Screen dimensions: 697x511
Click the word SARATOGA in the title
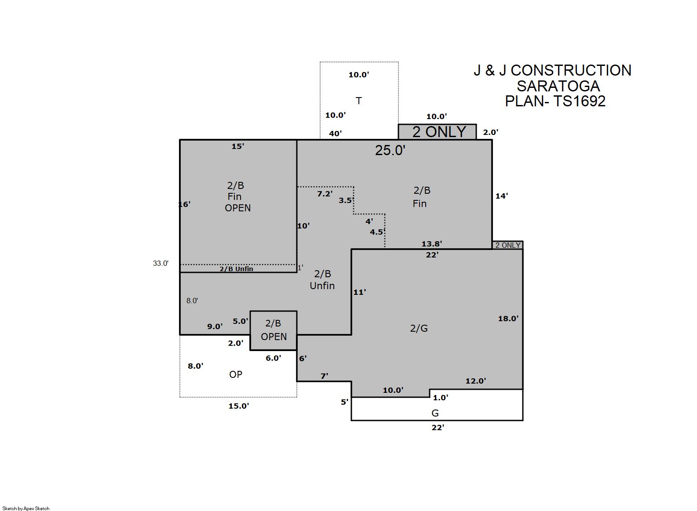click(x=558, y=86)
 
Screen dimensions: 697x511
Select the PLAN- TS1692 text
click(x=555, y=101)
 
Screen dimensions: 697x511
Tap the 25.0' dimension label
click(x=390, y=150)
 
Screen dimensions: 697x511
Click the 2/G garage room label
click(x=419, y=328)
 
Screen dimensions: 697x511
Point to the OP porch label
click(x=236, y=374)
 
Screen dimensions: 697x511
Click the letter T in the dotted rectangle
click(x=358, y=101)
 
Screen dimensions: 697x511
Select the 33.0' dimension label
click(x=161, y=264)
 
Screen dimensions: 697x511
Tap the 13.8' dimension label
click(x=431, y=244)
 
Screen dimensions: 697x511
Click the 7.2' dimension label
click(x=325, y=194)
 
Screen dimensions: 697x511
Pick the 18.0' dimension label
click(x=508, y=319)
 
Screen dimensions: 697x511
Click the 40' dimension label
click(x=336, y=134)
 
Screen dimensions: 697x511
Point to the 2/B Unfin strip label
click(x=236, y=269)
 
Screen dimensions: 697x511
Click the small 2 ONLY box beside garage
click(x=508, y=245)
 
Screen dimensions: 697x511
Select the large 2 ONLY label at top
click(x=439, y=132)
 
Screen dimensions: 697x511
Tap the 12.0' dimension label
click(x=475, y=381)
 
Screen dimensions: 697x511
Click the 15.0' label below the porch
click(x=239, y=406)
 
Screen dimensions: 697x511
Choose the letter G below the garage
click(x=435, y=413)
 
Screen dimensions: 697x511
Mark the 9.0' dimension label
click(x=215, y=326)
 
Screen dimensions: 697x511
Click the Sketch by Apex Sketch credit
click(x=26, y=508)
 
